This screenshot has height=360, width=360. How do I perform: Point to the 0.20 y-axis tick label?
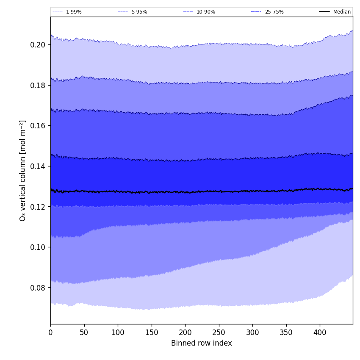tap(38, 45)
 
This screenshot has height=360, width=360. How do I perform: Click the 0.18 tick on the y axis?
tap(38, 85)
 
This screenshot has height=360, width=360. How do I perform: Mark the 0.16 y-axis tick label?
tap(38, 126)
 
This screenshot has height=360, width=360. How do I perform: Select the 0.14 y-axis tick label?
tap(38, 166)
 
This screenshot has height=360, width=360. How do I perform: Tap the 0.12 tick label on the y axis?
tap(38, 207)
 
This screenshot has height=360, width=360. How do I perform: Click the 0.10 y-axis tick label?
tap(38, 247)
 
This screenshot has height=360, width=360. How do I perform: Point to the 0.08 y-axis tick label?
tap(38, 288)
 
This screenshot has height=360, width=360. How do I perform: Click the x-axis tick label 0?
tap(50, 332)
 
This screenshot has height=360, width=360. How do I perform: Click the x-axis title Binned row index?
tap(202, 343)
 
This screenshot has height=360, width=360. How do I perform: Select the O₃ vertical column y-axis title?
tap(23, 170)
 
